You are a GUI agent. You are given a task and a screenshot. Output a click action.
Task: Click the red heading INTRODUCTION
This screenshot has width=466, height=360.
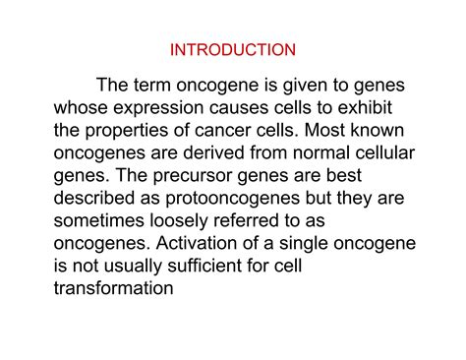232,47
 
